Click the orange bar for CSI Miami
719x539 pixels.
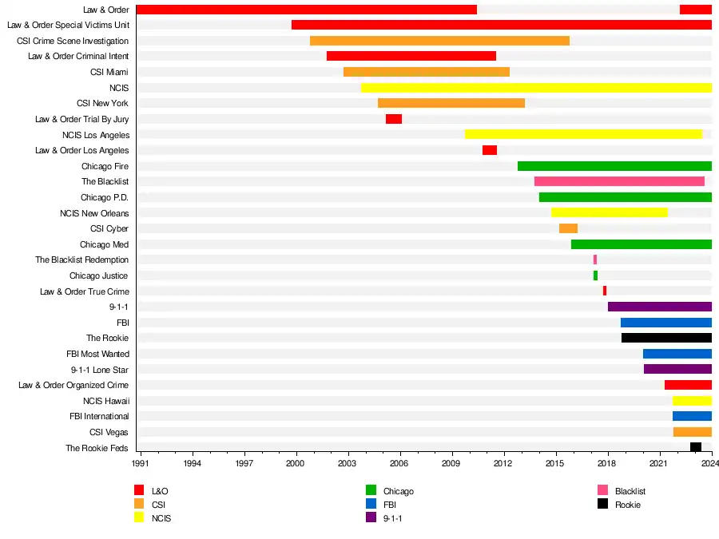tap(427, 72)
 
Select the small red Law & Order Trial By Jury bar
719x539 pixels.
tap(394, 119)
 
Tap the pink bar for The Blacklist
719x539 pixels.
tap(619, 181)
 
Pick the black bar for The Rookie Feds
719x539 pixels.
tap(696, 447)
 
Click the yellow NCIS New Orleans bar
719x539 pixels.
tap(609, 212)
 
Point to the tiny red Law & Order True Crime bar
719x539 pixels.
tap(605, 291)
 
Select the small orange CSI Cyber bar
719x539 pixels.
tap(568, 228)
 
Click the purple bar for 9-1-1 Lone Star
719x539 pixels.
tap(677, 369)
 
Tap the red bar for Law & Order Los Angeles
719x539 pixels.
tap(490, 150)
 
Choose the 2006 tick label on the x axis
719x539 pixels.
tap(399, 463)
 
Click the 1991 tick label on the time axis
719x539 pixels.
tap(140, 463)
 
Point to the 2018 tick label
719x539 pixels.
tap(607, 463)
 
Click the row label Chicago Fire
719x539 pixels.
tap(105, 166)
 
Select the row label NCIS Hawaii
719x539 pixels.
tap(105, 401)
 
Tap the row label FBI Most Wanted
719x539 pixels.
tap(97, 354)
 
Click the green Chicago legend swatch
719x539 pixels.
tap(371, 490)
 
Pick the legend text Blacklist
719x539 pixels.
tap(630, 491)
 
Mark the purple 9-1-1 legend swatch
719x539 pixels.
tap(371, 517)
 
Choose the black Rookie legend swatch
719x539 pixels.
tap(602, 504)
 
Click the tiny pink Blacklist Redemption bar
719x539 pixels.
tap(595, 260)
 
